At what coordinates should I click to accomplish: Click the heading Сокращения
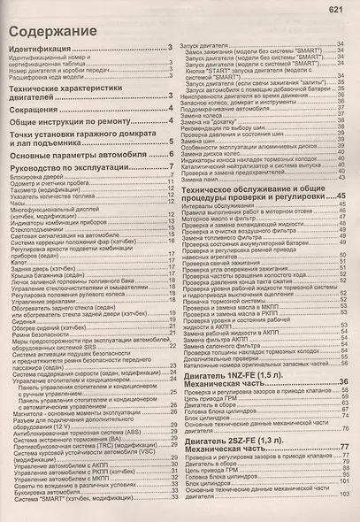pyautogui.click(x=39, y=110)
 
